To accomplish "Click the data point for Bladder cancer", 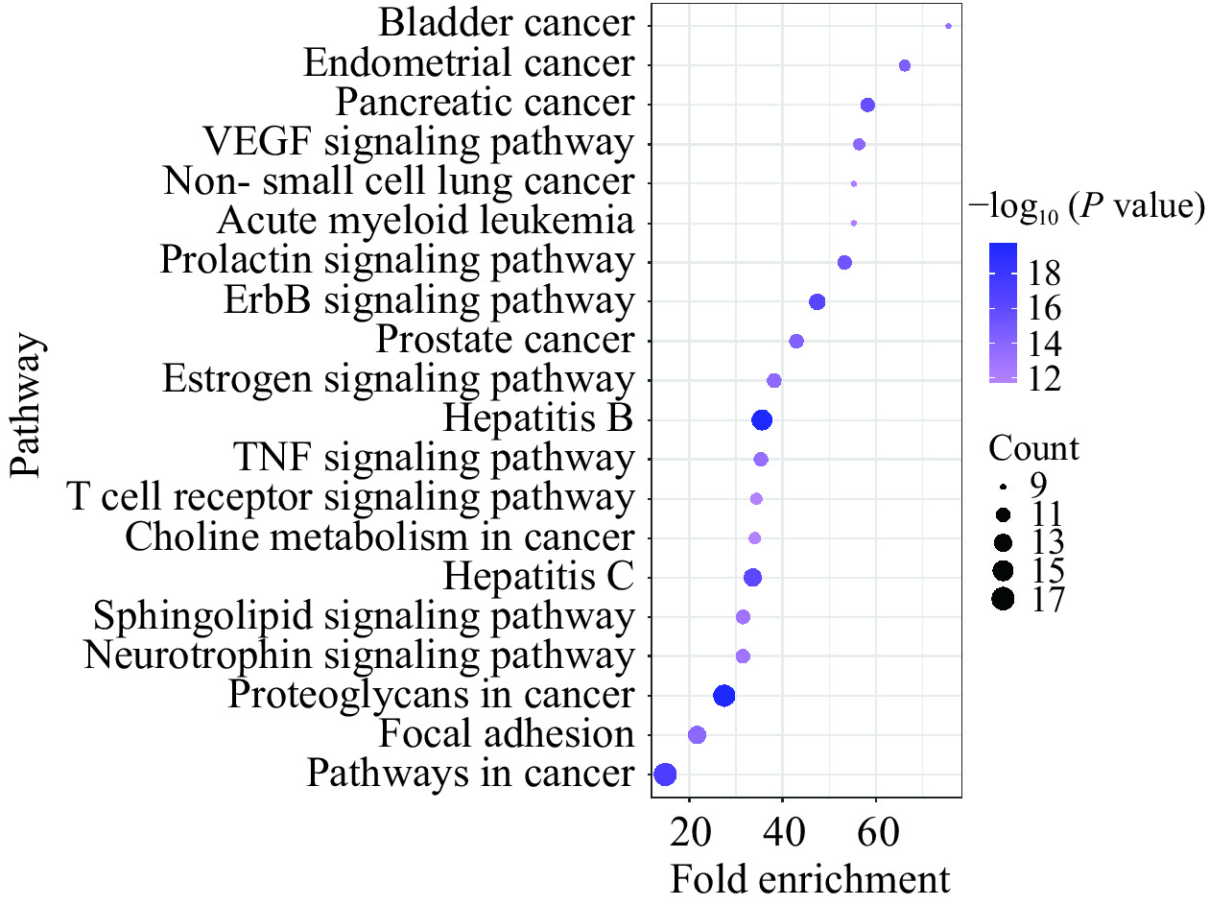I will pos(948,27).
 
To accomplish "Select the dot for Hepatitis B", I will pos(762,419).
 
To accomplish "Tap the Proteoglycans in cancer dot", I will pos(724,695).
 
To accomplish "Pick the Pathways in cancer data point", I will pos(665,774).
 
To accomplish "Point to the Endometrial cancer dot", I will pos(904,65).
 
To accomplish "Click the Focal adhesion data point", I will pos(698,734).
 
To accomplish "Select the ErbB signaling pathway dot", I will pos(818,301).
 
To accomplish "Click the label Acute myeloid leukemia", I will pos(425,222).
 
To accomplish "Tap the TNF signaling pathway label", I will pos(433,458).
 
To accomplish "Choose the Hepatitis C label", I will pos(538,577).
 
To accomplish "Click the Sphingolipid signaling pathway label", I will pos(363,616).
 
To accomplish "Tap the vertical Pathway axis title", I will pos(30,405).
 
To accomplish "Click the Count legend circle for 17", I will pos(1004,600).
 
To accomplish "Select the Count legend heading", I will pos(1033,449).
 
